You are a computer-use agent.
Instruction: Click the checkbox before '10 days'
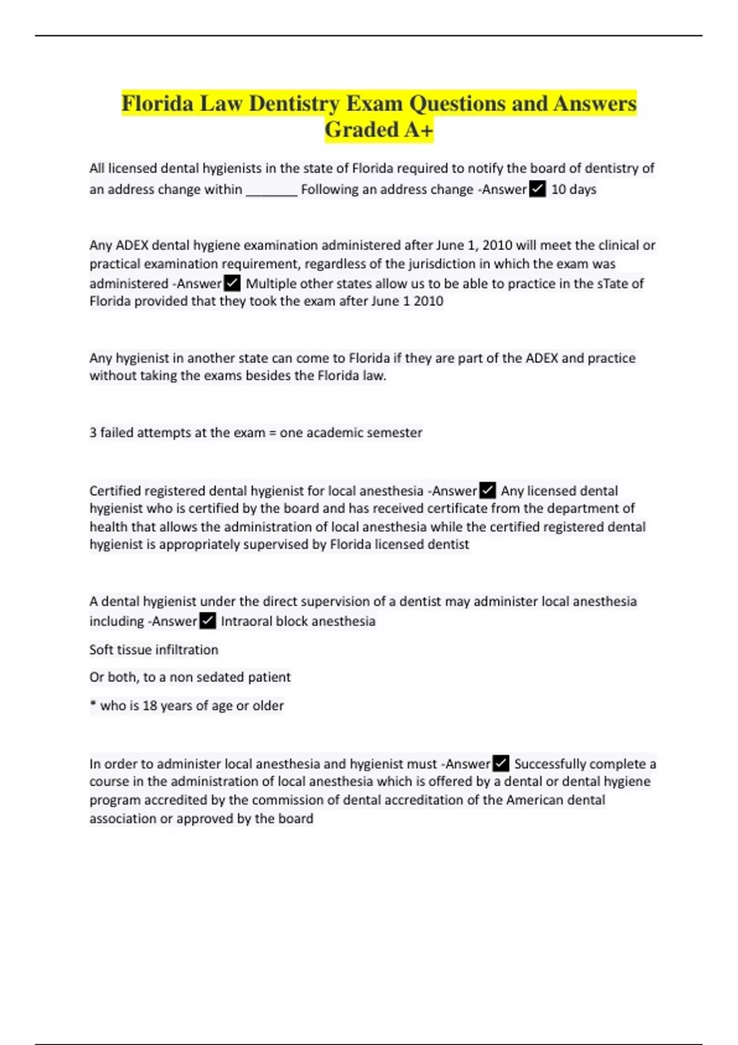click(538, 189)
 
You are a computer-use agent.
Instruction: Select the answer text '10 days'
click(573, 189)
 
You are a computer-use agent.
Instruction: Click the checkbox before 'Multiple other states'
click(232, 283)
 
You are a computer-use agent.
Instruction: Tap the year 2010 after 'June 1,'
click(497, 245)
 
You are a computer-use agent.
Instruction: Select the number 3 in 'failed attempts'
click(93, 433)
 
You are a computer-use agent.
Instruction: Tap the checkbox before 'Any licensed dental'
click(487, 491)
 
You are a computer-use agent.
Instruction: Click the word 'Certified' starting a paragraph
click(115, 491)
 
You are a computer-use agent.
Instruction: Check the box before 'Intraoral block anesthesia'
click(208, 621)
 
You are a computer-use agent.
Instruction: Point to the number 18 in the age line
click(150, 706)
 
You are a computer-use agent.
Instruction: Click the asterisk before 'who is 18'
click(93, 704)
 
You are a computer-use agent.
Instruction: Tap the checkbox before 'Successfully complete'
click(501, 763)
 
